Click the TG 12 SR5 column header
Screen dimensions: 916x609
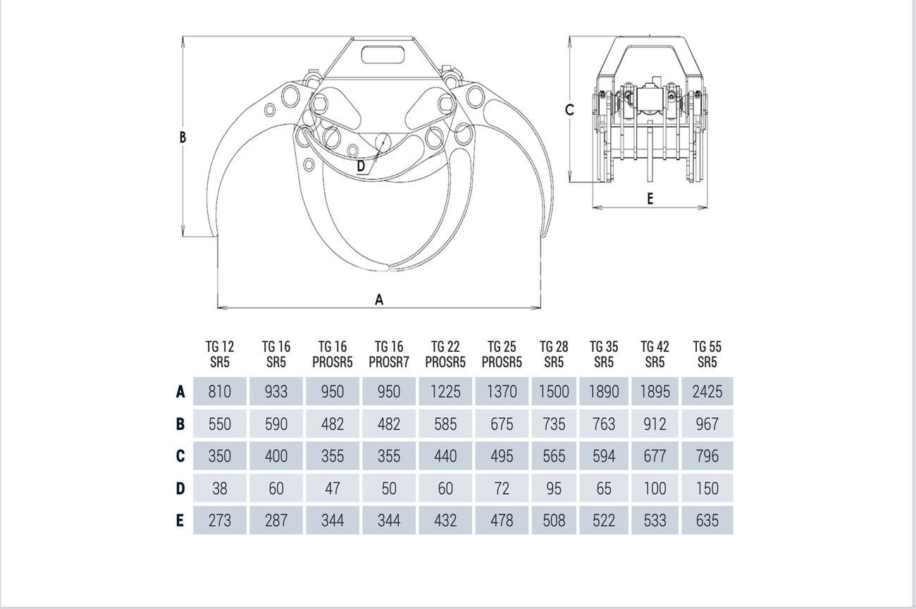click(x=220, y=355)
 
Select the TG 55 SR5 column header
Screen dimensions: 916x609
click(x=707, y=355)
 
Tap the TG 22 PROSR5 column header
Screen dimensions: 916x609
click(x=445, y=355)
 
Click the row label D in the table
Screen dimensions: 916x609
click(x=180, y=488)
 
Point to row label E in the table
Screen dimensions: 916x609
click(x=180, y=521)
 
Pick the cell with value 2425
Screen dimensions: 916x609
click(x=707, y=391)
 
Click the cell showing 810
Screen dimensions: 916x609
click(x=220, y=391)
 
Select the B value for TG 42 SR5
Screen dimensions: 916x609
click(x=655, y=424)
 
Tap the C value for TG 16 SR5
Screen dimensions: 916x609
click(x=276, y=455)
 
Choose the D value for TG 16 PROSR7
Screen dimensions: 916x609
click(x=389, y=488)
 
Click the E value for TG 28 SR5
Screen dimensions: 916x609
click(x=554, y=521)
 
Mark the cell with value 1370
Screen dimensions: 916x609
click(x=502, y=391)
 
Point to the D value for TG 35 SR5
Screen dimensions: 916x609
click(x=604, y=488)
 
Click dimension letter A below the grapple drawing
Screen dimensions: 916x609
click(x=379, y=300)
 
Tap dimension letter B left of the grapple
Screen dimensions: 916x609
click(x=182, y=137)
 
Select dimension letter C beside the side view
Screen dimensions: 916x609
click(x=569, y=110)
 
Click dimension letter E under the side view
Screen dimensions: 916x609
click(x=650, y=199)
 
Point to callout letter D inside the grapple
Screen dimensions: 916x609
click(x=361, y=166)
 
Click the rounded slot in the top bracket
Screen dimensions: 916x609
click(x=383, y=55)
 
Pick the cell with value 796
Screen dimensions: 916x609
click(x=707, y=455)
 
